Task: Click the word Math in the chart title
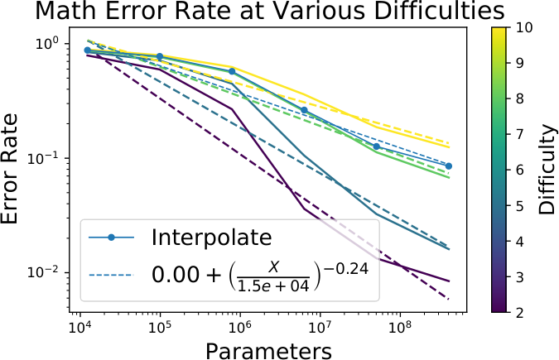point(64,11)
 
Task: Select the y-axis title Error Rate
point(9,169)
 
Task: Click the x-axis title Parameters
point(268,351)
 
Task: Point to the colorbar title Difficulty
point(547,170)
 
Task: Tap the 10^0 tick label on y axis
point(46,43)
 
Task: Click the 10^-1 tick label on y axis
point(43,158)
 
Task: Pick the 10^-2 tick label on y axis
point(43,272)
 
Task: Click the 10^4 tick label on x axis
point(80,325)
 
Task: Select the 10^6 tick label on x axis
point(240,325)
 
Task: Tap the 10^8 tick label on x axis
point(400,325)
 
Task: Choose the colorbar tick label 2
point(519,313)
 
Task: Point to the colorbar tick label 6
point(519,170)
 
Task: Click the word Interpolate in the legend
point(211,237)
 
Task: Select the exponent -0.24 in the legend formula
point(346,269)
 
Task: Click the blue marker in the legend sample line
point(111,237)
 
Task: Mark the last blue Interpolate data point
point(449,166)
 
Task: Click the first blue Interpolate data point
point(87,50)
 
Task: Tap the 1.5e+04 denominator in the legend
point(273,286)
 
